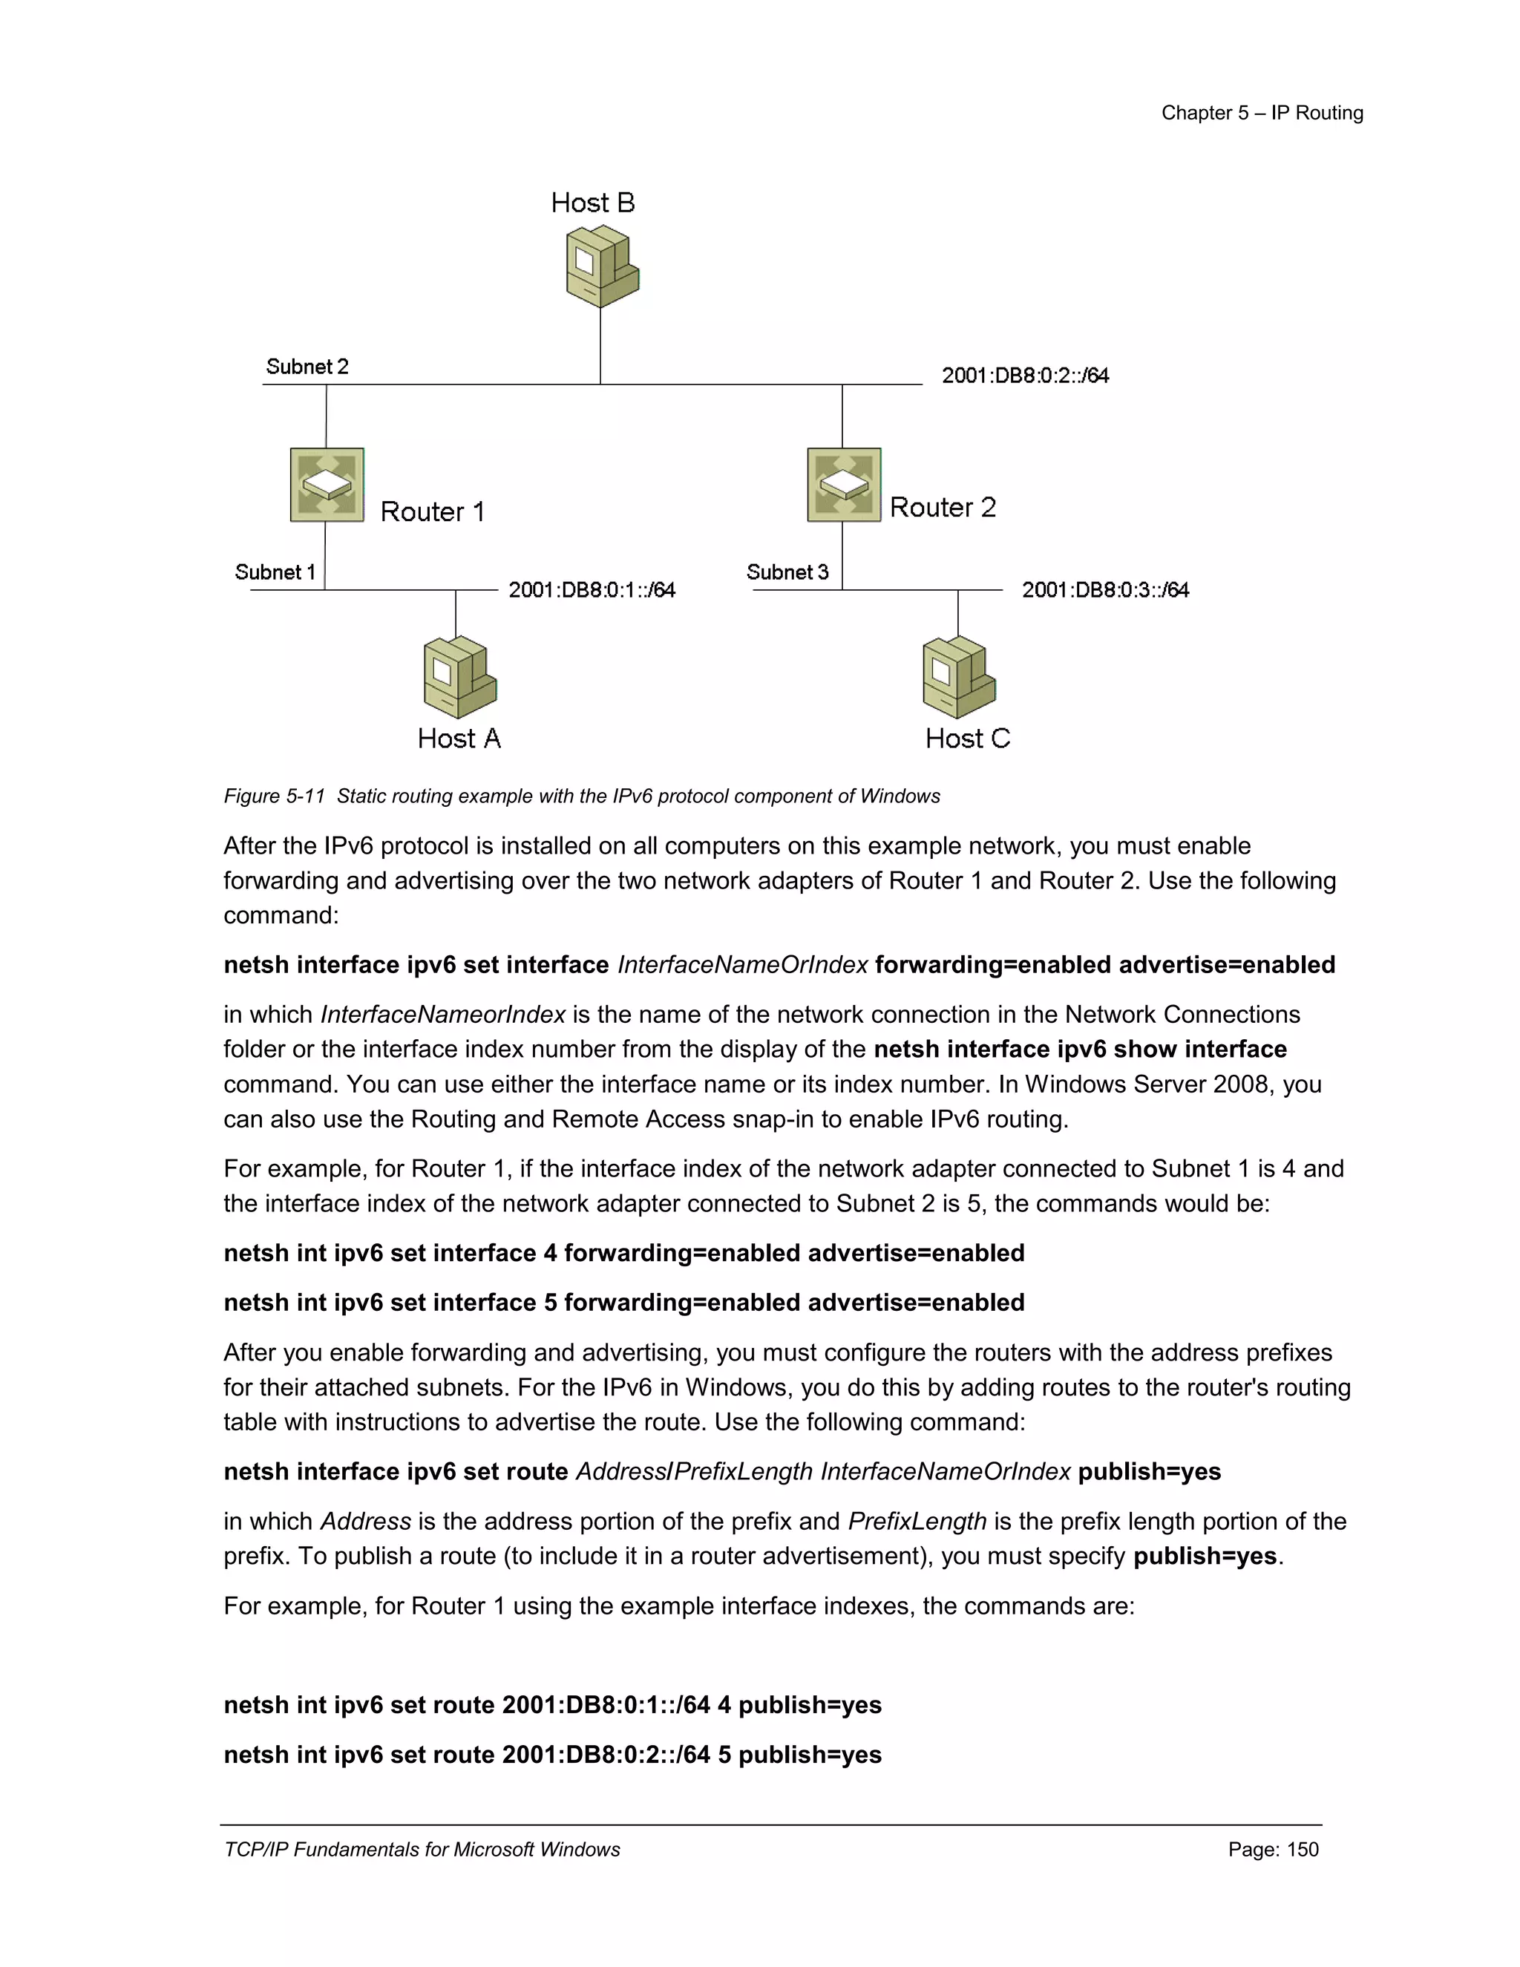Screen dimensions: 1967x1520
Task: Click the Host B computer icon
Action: [x=601, y=266]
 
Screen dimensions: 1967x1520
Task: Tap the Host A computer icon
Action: [x=459, y=677]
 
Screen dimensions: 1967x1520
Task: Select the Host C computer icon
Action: [x=958, y=677]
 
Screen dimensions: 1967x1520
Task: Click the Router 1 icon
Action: [x=327, y=485]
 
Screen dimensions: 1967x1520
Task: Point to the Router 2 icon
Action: [x=844, y=485]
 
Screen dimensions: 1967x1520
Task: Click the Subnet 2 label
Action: [x=307, y=367]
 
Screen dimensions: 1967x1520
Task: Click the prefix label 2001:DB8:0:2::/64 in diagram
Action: [x=1025, y=376]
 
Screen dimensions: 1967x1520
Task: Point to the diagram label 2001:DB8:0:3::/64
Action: [x=1105, y=590]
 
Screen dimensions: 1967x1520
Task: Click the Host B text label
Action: [x=592, y=203]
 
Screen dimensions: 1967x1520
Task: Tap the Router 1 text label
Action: [x=432, y=511]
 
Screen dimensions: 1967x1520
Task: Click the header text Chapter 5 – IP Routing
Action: [x=1262, y=113]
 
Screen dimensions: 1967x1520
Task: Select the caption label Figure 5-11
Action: [x=274, y=796]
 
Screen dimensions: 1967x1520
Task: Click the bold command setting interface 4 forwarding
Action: [x=623, y=1253]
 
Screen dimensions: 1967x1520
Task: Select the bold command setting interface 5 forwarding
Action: [x=623, y=1303]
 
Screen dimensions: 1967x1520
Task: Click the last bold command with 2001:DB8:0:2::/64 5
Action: [x=552, y=1755]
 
